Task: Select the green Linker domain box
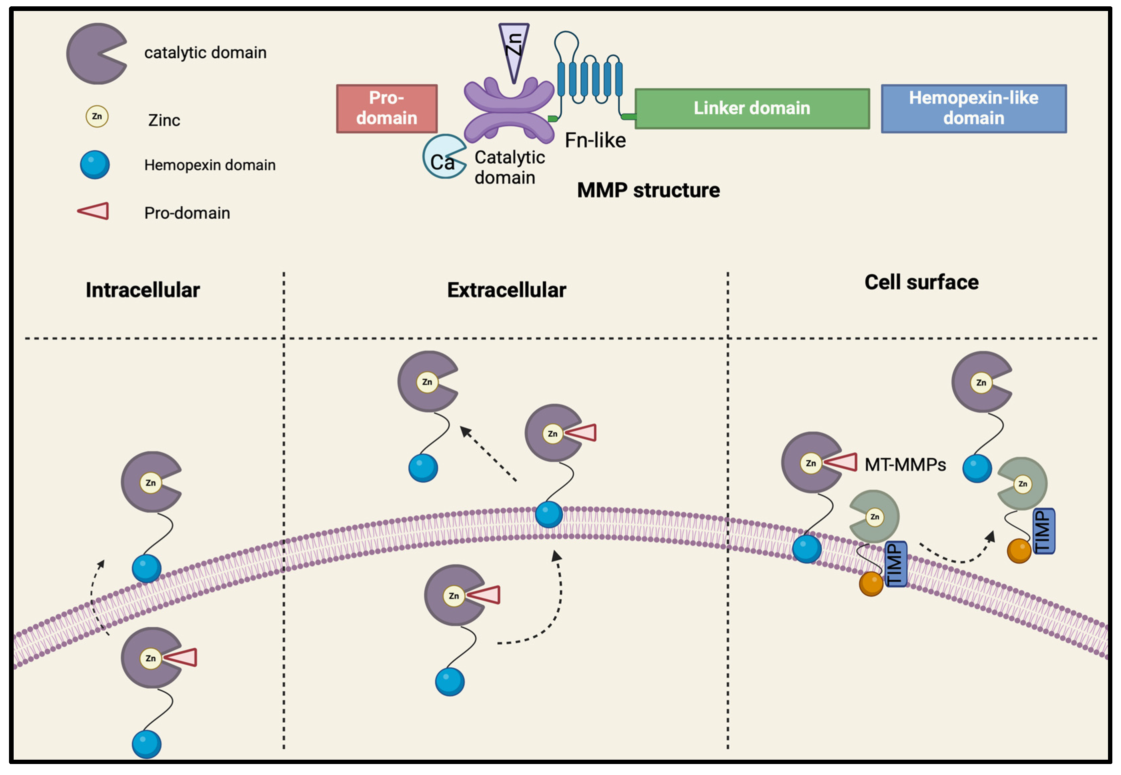tap(752, 108)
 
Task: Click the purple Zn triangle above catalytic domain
tap(514, 49)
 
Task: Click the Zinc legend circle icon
tap(97, 117)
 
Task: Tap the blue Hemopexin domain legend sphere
tap(95, 165)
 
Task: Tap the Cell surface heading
tap(921, 282)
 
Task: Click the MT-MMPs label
tap(905, 465)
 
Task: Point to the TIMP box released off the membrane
tap(1043, 531)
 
